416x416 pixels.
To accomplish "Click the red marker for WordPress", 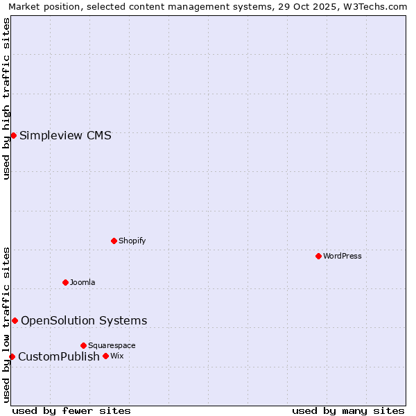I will [318, 256].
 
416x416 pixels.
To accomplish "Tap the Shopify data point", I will [114, 241].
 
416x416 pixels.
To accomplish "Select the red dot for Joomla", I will [65, 282].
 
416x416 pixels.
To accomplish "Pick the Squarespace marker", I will [83, 345].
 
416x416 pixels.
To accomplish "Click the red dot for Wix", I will [105, 356].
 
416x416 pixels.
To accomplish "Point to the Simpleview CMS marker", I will [13, 135].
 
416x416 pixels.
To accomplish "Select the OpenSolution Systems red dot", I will [15, 320].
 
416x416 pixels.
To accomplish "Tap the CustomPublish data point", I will [12, 356].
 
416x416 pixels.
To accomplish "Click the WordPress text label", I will [343, 256].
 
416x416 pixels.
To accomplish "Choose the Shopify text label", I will [132, 241].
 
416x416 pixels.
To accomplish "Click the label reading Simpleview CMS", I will [65, 135].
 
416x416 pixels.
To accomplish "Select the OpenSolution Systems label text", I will [84, 320].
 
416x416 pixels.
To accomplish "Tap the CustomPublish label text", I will [59, 356].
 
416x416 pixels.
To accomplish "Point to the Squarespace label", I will [112, 345].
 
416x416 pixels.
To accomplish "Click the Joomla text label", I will [83, 282].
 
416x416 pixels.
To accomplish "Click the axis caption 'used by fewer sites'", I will [71, 410].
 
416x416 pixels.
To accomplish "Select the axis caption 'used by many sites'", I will [348, 410].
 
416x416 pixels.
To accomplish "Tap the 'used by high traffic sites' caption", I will [6, 98].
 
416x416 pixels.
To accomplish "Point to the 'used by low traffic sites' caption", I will [6, 324].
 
